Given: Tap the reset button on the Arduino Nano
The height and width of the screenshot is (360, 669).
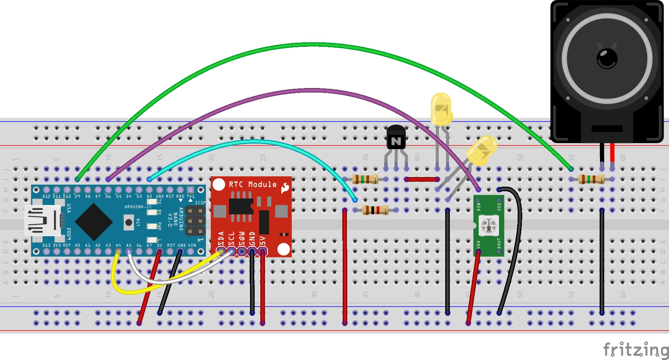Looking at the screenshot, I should [x=129, y=222].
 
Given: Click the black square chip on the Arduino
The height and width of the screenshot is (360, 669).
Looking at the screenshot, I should [x=94, y=222].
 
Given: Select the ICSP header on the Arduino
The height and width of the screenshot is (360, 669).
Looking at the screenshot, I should [x=195, y=221].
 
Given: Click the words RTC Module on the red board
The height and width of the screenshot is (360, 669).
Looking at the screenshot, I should [x=252, y=184].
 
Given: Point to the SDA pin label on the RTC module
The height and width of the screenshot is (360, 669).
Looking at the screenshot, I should [x=221, y=239].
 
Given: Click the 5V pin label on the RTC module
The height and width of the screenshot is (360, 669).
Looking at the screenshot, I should [x=262, y=240].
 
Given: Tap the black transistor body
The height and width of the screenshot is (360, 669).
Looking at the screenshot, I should [x=396, y=138].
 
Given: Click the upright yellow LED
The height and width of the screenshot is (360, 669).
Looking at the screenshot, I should [x=441, y=109].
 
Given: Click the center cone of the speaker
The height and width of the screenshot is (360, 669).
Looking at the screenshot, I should [x=607, y=58].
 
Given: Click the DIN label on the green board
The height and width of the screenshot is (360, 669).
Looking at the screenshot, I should [x=479, y=206].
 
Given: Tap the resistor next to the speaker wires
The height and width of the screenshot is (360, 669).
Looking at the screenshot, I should [x=591, y=179].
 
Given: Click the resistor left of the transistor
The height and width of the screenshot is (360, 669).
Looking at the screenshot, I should [x=365, y=179].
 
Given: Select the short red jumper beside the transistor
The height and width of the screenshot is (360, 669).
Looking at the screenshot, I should [x=422, y=179].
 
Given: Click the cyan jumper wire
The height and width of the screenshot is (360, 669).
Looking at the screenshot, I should [x=252, y=142].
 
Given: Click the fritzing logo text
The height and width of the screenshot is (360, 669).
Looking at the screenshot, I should [x=635, y=349].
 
